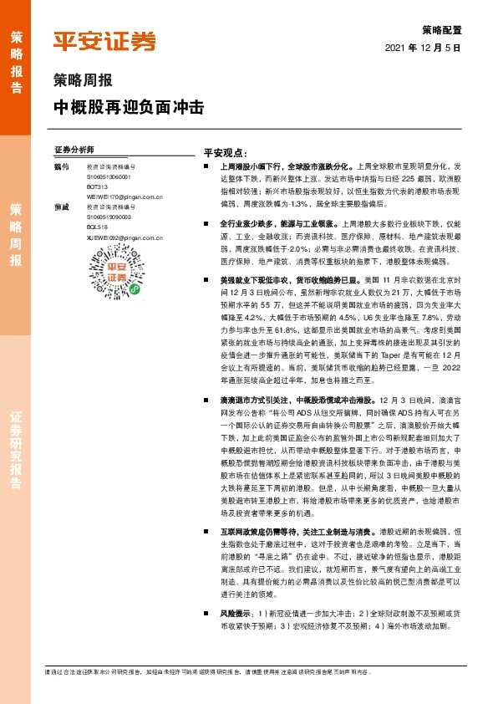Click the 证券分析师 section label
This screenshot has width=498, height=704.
coord(74,149)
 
